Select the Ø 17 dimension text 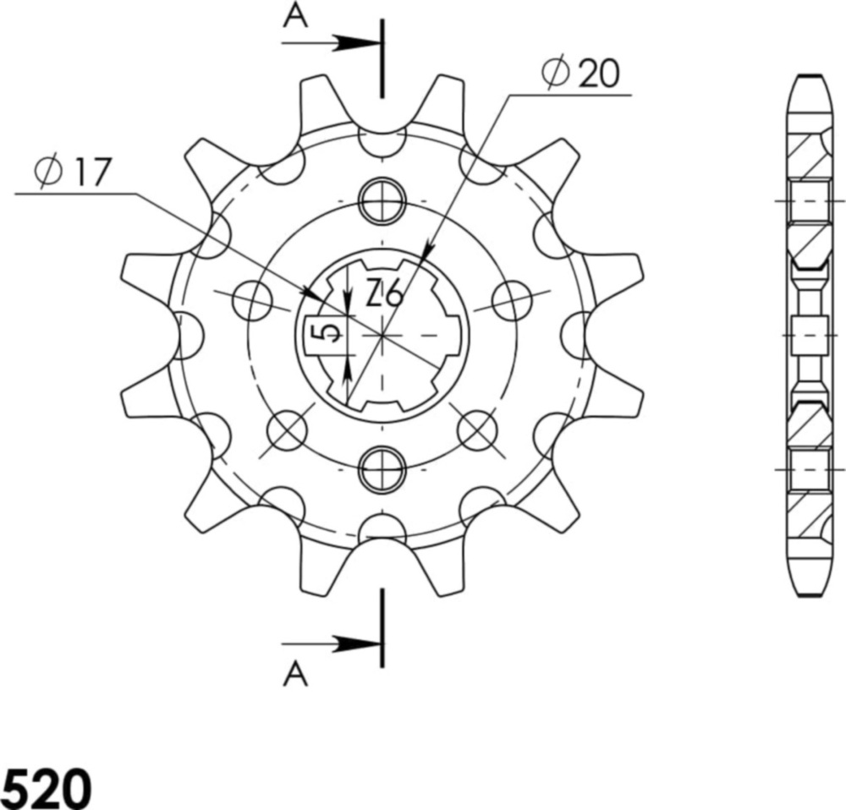point(74,172)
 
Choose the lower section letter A point(294,674)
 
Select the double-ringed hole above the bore point(383,200)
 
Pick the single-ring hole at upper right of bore point(513,302)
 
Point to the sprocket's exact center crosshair point(383,336)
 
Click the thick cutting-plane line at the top point(383,57)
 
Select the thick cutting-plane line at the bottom point(383,628)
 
